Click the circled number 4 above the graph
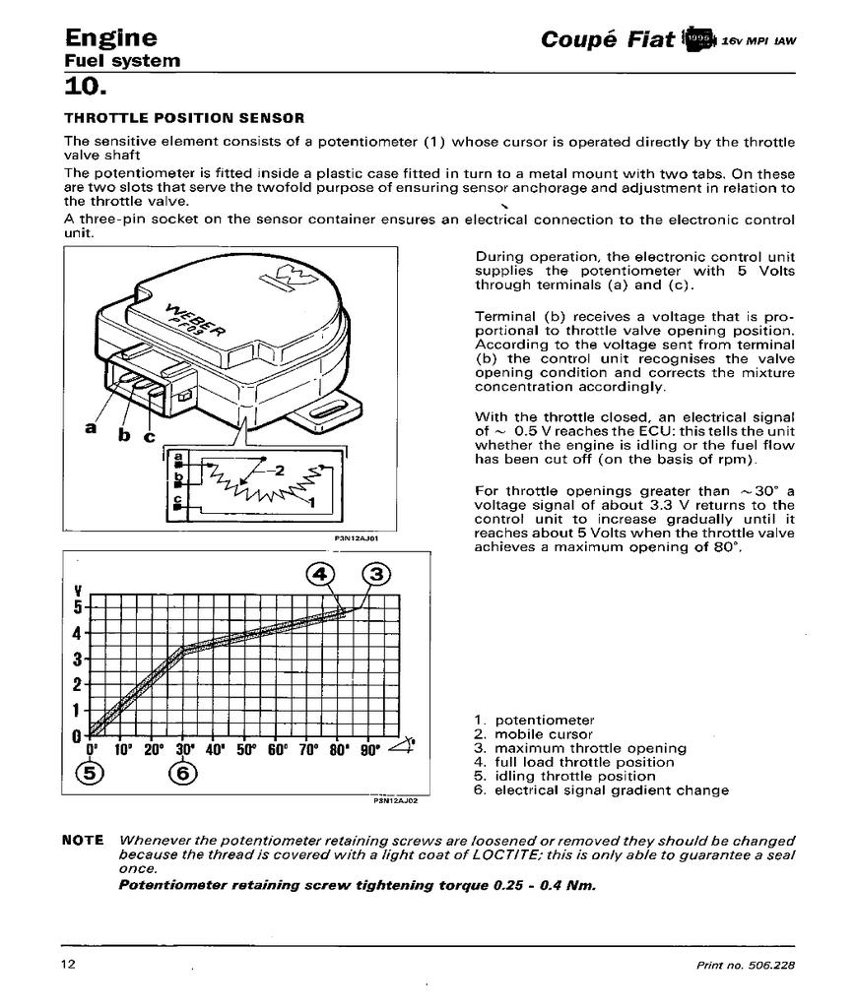click(320, 574)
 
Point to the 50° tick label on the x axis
click(245, 750)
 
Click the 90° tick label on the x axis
click(369, 750)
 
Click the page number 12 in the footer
click(68, 964)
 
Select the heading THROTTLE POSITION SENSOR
click(177, 118)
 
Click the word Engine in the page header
click(110, 37)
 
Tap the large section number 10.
click(84, 87)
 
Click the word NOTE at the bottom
click(83, 841)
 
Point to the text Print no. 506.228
click(745, 965)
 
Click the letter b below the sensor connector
click(123, 436)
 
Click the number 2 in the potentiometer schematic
click(279, 470)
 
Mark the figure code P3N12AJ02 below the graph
click(396, 800)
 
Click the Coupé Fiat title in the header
click(608, 39)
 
